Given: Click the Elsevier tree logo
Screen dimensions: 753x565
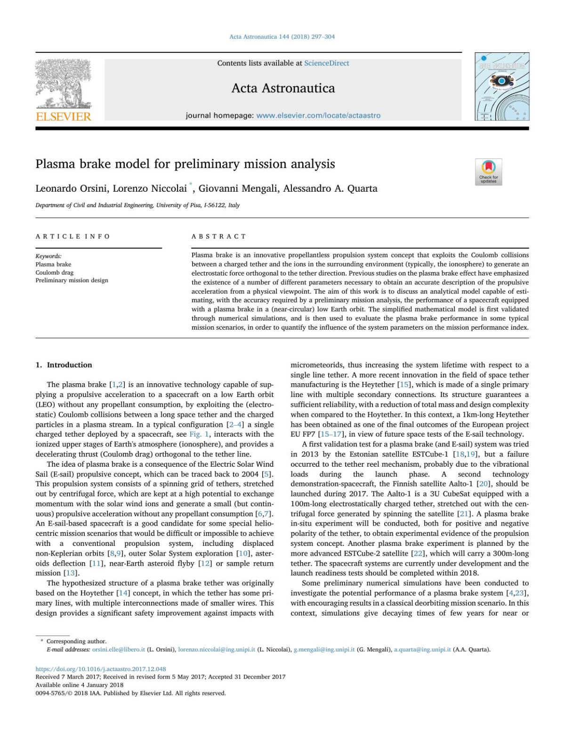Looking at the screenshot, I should (64, 89).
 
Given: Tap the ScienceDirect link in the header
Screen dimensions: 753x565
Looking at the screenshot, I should (326, 63).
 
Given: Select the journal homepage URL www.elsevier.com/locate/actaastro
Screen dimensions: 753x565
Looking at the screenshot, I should (318, 115).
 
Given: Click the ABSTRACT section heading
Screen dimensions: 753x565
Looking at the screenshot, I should (218, 236).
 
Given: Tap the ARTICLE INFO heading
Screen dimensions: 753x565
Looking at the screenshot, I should (73, 236).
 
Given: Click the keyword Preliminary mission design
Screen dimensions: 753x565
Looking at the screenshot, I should (72, 280).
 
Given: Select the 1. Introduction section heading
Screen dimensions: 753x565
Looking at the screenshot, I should (64, 365).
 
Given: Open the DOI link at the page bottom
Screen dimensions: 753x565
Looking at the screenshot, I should (101, 669).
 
